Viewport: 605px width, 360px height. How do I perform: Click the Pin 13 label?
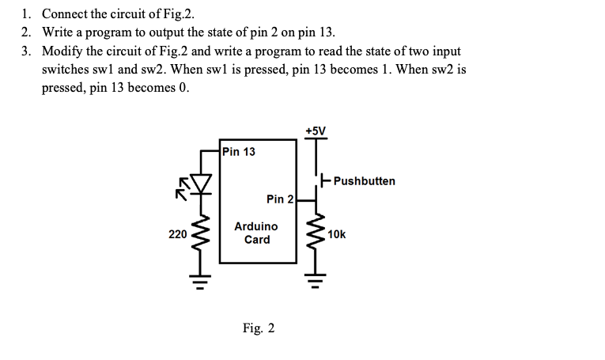point(239,151)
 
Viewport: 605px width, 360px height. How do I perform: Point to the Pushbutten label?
point(365,181)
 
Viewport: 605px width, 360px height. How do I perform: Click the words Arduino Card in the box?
point(256,233)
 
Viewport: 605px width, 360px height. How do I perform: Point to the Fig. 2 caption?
point(259,328)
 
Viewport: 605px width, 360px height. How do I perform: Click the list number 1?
point(27,14)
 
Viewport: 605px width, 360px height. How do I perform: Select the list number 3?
point(27,51)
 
